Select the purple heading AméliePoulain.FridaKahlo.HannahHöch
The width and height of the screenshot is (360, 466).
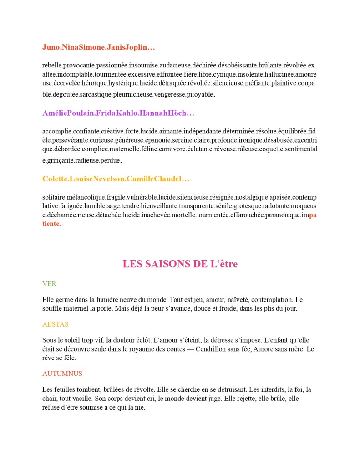[118, 113]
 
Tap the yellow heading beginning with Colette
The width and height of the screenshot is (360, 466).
[116, 179]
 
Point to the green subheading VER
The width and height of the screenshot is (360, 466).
[49, 283]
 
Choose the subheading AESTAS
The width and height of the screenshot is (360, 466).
[56, 324]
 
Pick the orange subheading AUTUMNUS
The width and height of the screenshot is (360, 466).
[62, 374]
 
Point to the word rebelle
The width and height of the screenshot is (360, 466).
[51, 65]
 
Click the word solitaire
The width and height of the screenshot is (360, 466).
[54, 197]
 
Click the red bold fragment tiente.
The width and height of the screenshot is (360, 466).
[51, 224]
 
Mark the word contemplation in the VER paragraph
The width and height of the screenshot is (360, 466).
[271, 300]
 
